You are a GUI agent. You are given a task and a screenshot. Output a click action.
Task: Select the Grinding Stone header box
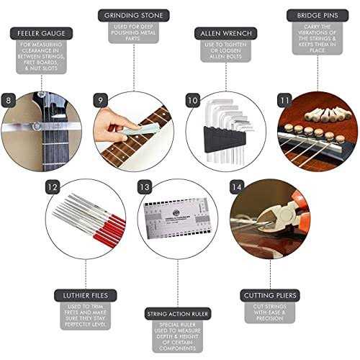click(133, 15)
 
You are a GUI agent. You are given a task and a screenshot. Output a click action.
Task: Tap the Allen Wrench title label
click(225, 33)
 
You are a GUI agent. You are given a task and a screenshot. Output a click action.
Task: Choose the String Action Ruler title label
click(179, 314)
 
